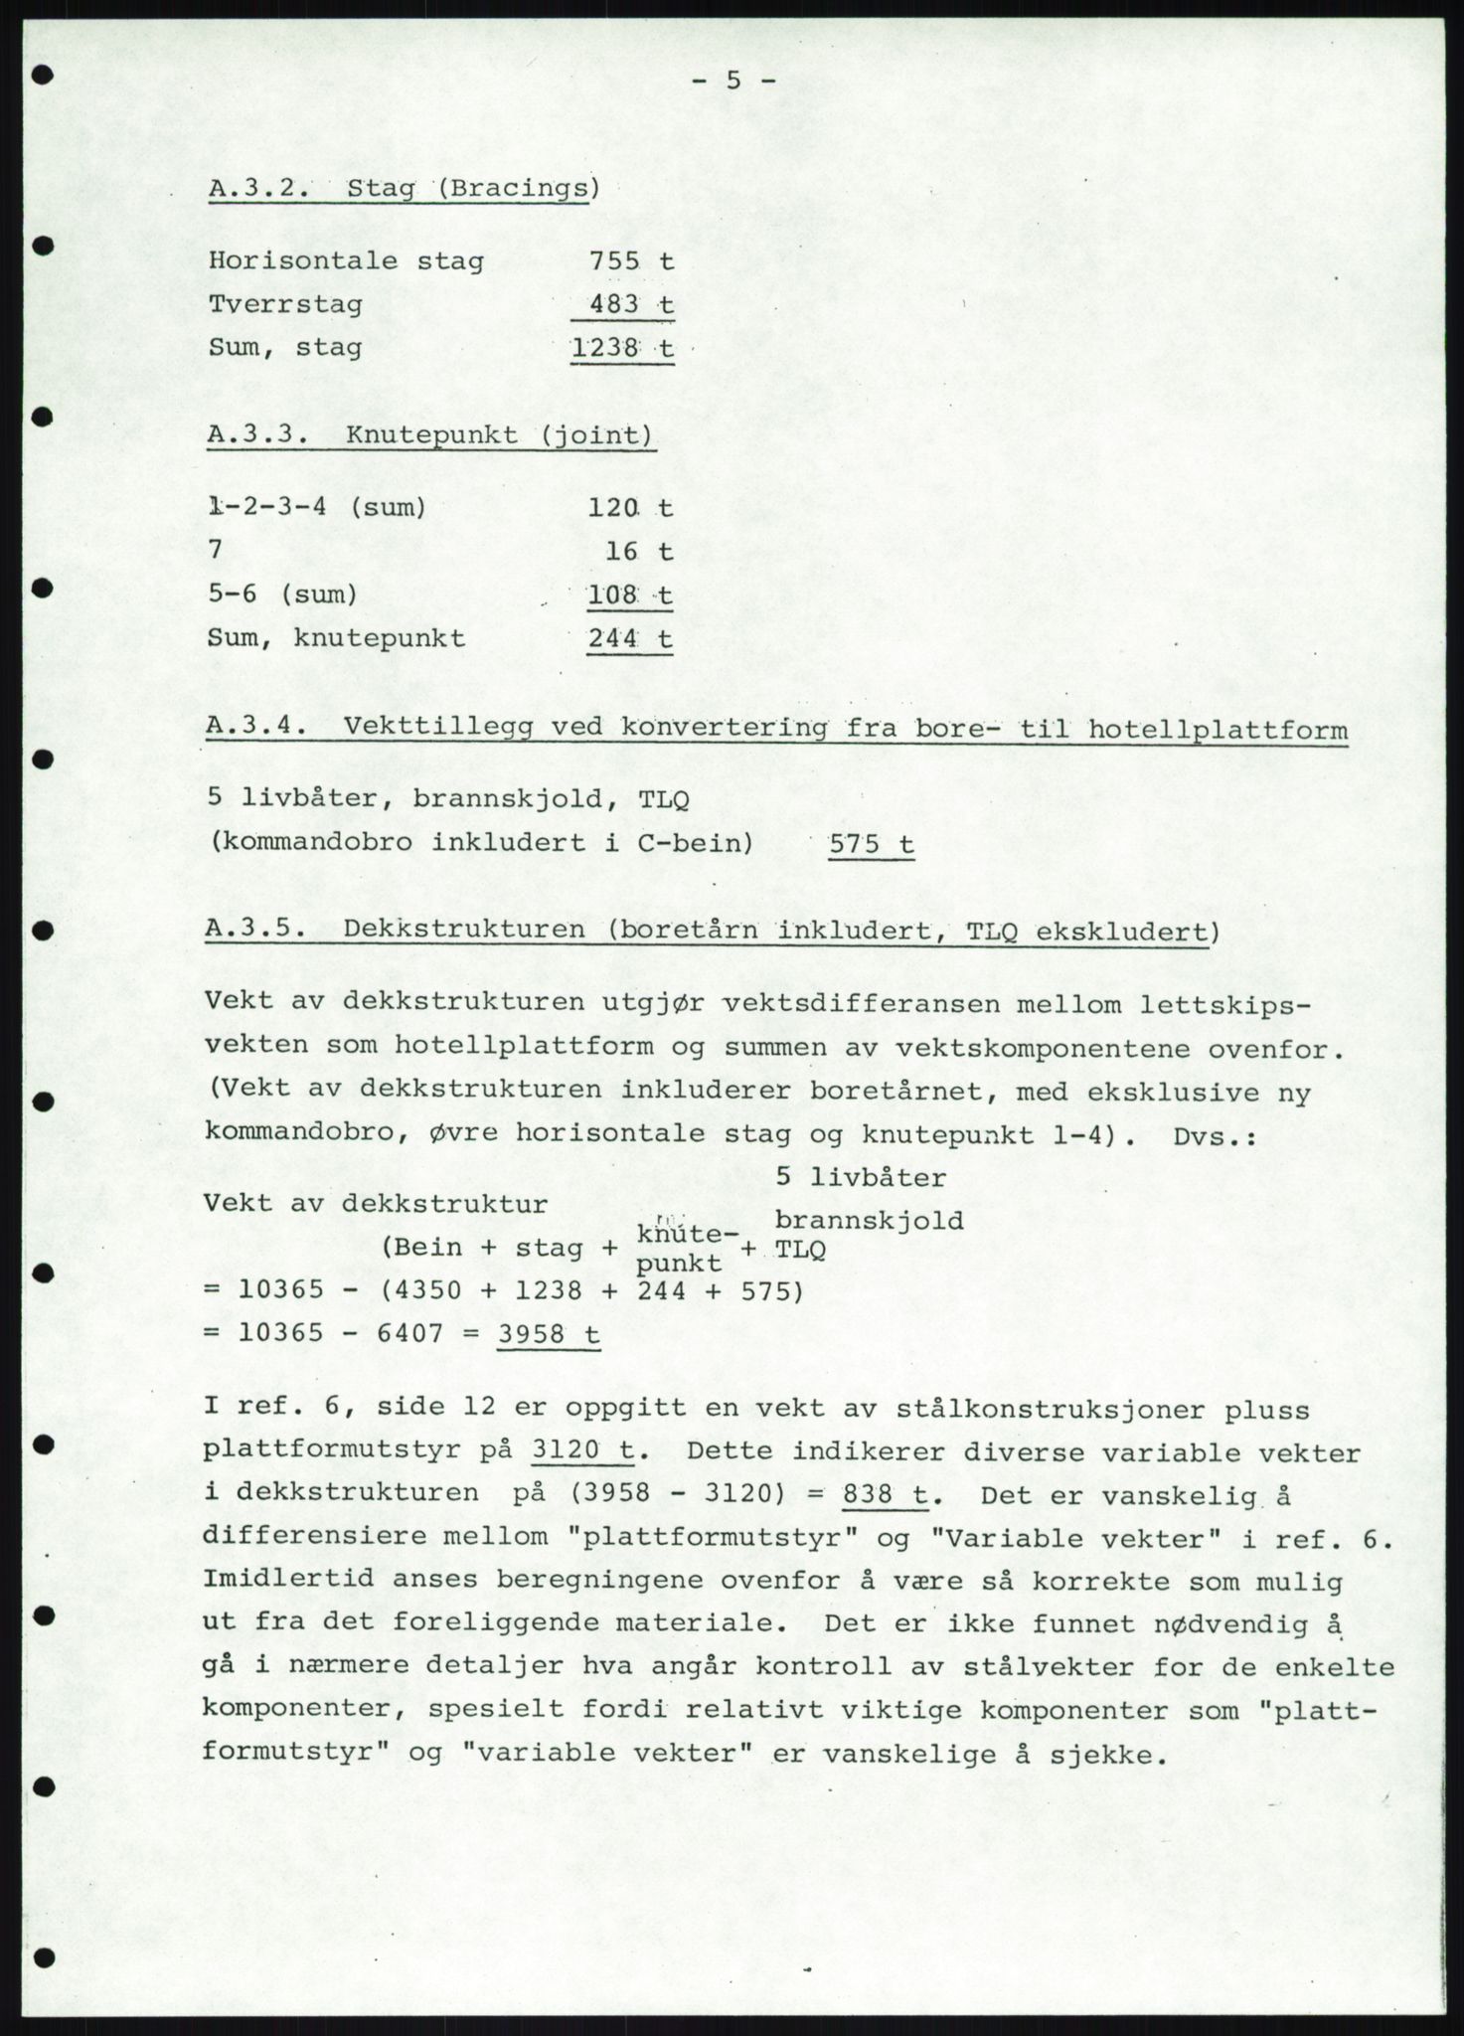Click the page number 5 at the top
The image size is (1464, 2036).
(x=732, y=81)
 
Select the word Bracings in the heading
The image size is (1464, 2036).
(x=516, y=188)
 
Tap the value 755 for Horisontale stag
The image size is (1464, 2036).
(x=614, y=261)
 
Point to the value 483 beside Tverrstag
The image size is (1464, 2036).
(x=614, y=304)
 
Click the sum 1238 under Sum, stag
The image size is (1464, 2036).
(x=604, y=348)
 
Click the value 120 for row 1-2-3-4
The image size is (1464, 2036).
(x=612, y=508)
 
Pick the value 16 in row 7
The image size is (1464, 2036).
(x=622, y=551)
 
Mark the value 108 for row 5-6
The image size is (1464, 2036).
(x=612, y=594)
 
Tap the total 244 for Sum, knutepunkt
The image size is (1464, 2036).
(x=612, y=637)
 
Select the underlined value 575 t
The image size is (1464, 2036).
(x=871, y=844)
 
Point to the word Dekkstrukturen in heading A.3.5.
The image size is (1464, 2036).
(x=464, y=931)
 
